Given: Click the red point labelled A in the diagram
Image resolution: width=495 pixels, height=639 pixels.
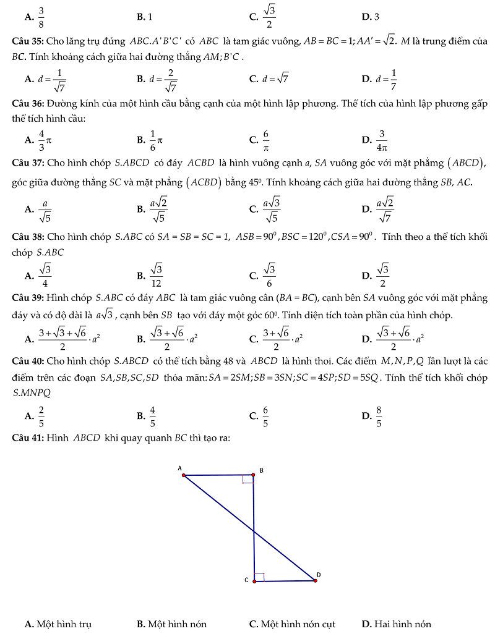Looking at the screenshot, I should [x=184, y=475].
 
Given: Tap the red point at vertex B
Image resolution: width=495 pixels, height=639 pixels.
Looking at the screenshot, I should [x=253, y=475].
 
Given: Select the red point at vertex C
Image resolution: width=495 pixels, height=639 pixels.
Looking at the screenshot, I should [x=254, y=581].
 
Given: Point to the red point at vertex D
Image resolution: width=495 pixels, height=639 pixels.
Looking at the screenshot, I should [x=315, y=581].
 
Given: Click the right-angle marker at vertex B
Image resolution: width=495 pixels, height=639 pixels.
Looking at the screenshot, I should [x=247, y=480].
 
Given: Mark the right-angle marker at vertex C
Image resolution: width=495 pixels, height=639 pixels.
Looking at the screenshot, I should [x=259, y=577].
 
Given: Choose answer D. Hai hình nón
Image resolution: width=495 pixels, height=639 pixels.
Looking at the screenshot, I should [x=397, y=624].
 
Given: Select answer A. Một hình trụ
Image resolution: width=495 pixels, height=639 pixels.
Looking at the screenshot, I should [x=58, y=624].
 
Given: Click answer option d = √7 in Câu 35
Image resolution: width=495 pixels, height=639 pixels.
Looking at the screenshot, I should [x=275, y=78].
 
